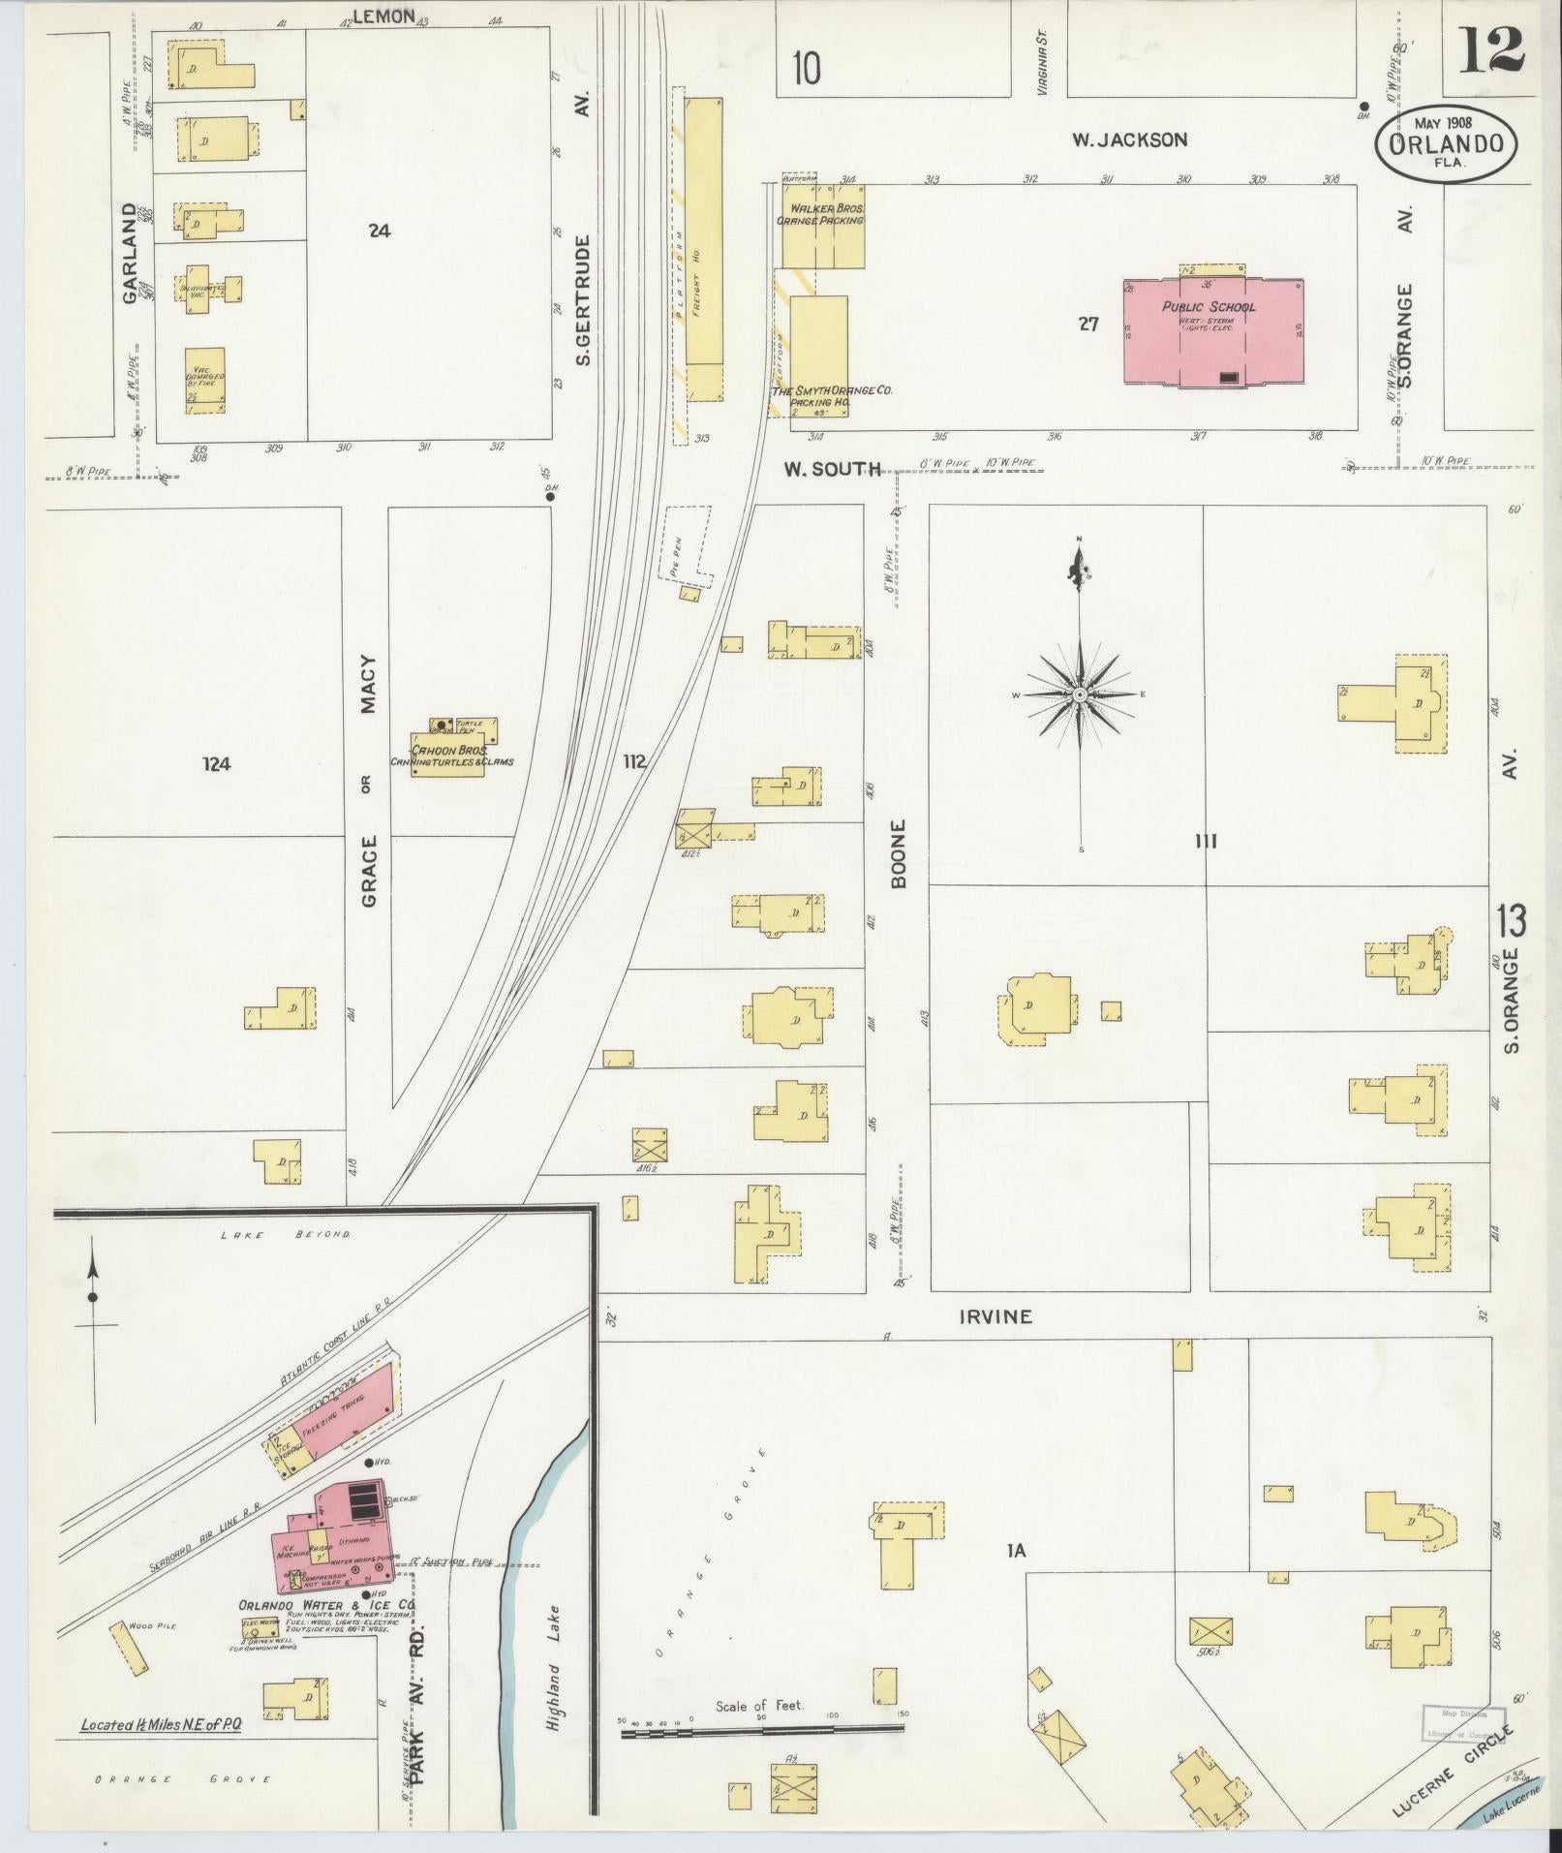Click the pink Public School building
click(x=1213, y=332)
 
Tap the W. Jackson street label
click(x=1128, y=139)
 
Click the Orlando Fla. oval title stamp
click(x=1447, y=142)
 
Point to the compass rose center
click(x=1080, y=695)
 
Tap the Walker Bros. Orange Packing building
click(x=822, y=226)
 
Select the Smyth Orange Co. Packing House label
click(x=830, y=395)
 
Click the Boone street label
click(x=898, y=853)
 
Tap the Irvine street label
click(x=995, y=1316)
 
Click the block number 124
click(x=216, y=764)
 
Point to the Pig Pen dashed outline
click(x=689, y=544)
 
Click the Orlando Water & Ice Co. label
click(x=327, y=1604)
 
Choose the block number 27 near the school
click(x=1088, y=324)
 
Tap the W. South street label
click(x=832, y=470)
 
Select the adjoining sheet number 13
click(x=1511, y=920)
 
